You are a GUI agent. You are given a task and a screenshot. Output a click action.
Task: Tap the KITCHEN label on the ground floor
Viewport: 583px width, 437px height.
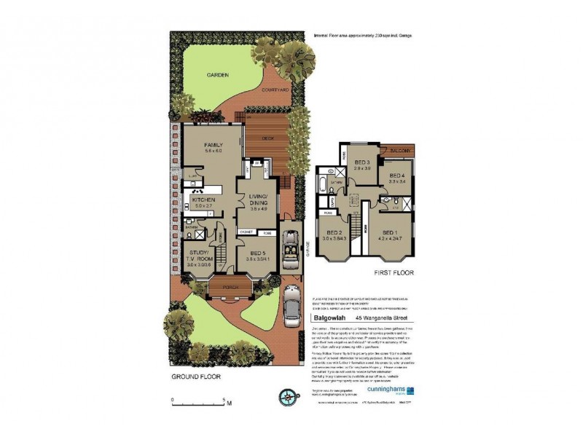click(203, 199)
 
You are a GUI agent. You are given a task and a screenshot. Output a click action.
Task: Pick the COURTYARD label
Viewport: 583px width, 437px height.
click(275, 89)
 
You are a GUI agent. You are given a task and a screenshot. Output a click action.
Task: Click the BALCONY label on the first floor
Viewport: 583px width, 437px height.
click(399, 151)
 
